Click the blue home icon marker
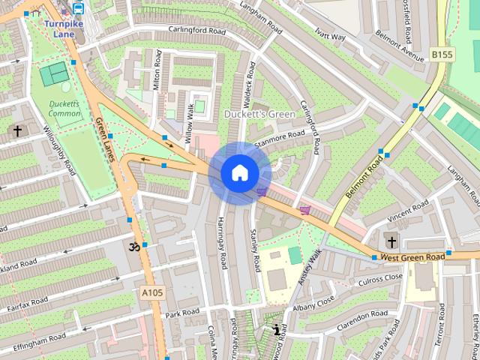pyautogui.click(x=239, y=173)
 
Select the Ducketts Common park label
pyautogui.click(x=64, y=109)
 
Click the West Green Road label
pyautogui.click(x=412, y=257)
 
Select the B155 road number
pyautogui.click(x=442, y=54)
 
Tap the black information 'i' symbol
pyautogui.click(x=277, y=328)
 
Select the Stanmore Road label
pyautogui.click(x=280, y=137)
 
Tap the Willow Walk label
pyautogui.click(x=190, y=124)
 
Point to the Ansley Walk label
pyautogui.click(x=310, y=265)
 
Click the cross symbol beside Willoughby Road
pyautogui.click(x=16, y=131)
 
